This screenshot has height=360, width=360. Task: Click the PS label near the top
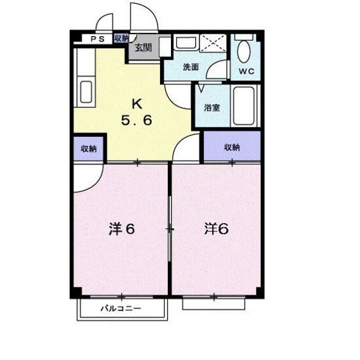coord(98,39)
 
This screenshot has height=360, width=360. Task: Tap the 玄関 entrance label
coord(143,48)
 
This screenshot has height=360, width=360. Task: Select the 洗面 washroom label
coord(191,67)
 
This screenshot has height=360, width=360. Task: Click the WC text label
coord(247,71)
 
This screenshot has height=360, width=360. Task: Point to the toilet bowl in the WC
coord(244,51)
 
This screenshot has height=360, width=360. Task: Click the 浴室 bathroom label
coord(212,108)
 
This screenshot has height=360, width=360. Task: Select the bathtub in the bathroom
coord(244,105)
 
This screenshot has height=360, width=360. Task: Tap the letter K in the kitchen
coord(137,104)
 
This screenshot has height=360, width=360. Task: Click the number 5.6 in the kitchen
coord(136,120)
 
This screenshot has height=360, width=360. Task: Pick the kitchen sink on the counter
coord(86,92)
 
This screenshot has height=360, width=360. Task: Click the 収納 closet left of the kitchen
coord(89,148)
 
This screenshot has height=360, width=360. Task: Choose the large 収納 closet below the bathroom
coord(232,147)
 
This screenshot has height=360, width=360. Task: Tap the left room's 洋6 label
coord(122,229)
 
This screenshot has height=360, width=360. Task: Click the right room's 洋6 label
coord(216,228)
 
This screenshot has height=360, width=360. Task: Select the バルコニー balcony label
coord(121,309)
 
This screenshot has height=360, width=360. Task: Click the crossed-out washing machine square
coord(213,43)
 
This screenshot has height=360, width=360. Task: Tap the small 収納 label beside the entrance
coord(122,38)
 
